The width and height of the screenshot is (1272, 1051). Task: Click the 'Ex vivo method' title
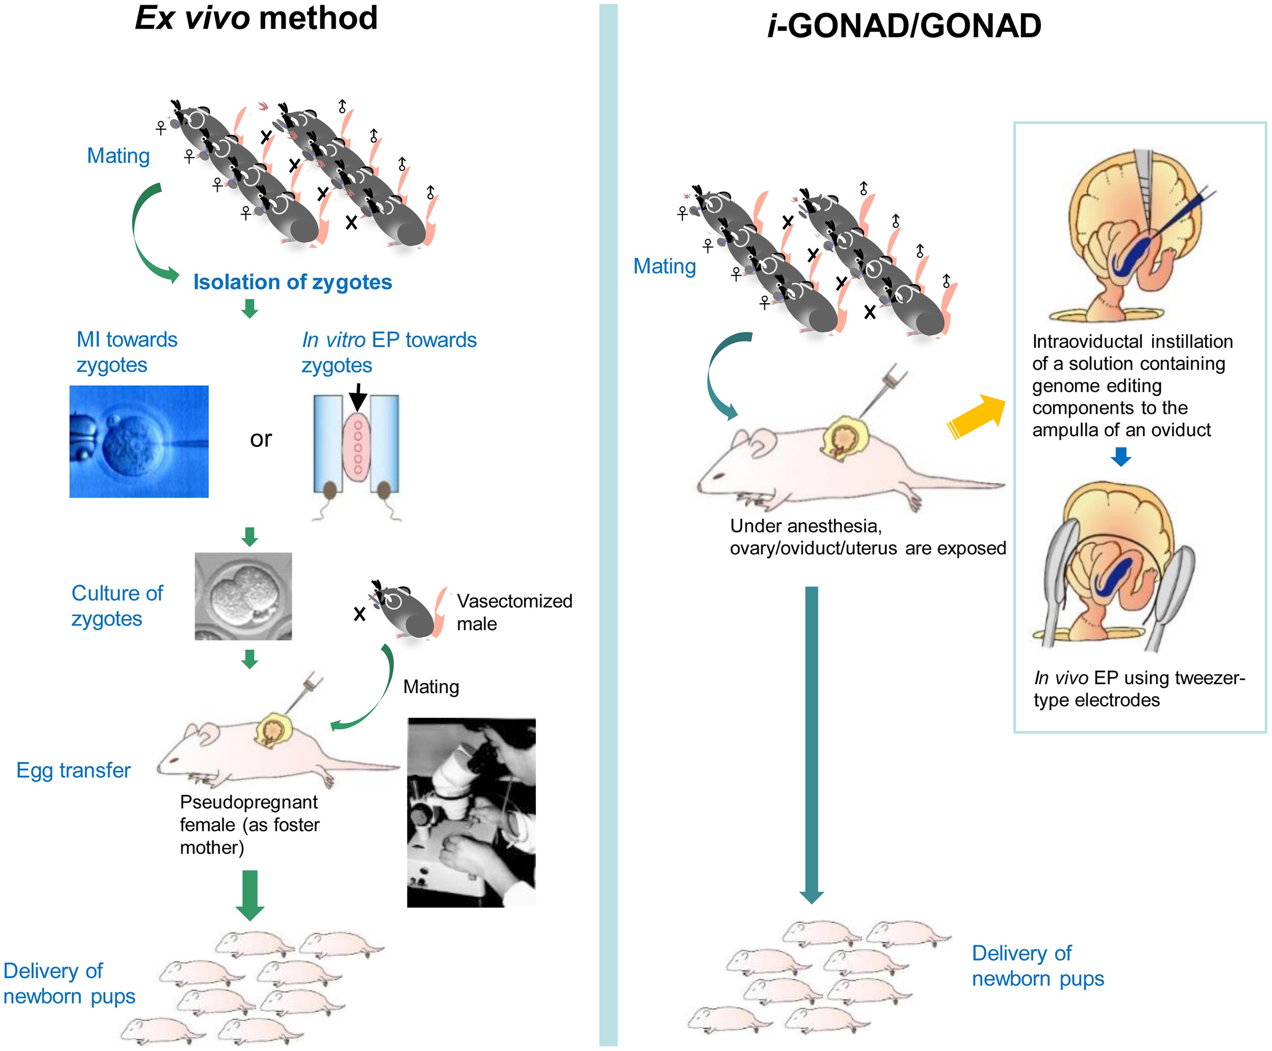(x=256, y=18)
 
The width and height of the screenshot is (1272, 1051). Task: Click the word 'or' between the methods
(x=261, y=439)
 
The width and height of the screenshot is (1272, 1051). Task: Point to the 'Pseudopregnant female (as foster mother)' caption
(x=249, y=825)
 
